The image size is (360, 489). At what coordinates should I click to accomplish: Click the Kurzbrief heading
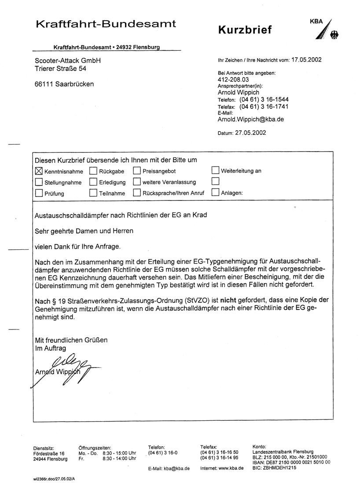(x=245, y=30)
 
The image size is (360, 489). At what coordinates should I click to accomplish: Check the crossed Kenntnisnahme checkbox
(x=39, y=171)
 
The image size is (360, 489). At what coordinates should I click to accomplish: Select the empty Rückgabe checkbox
(x=93, y=171)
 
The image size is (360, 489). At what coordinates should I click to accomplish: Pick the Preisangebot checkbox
(x=137, y=171)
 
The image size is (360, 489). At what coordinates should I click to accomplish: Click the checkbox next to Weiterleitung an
(x=216, y=170)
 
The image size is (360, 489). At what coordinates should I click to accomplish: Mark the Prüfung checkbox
(x=39, y=193)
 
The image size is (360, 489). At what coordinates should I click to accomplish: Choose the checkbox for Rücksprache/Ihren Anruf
(x=137, y=193)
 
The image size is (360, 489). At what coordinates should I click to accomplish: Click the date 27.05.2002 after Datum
(x=250, y=132)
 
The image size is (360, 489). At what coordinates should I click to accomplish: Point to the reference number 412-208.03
(x=233, y=80)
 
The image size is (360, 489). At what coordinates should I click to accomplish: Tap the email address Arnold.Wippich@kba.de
(x=250, y=119)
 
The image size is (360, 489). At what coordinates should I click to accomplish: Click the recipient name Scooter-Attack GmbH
(x=68, y=60)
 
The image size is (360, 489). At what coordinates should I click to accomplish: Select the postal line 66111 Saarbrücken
(x=64, y=84)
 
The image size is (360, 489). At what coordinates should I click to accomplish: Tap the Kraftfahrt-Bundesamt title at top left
(x=106, y=24)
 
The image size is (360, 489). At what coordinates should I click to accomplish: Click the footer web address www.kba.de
(x=231, y=468)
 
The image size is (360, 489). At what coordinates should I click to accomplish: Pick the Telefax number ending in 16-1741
(x=264, y=107)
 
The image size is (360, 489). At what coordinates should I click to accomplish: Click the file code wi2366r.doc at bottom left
(x=51, y=478)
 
